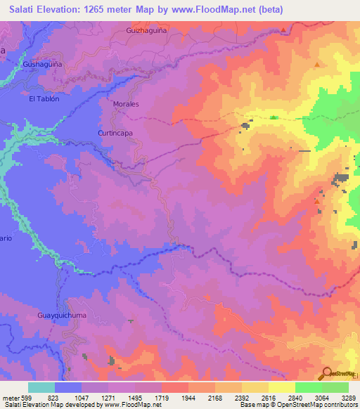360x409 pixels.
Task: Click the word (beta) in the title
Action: tap(264, 9)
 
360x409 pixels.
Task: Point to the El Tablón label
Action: tap(44, 99)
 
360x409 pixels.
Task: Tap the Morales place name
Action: tap(126, 104)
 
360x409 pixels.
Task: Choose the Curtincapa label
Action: tap(115, 132)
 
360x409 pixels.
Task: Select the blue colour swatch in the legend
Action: tap(68, 387)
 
